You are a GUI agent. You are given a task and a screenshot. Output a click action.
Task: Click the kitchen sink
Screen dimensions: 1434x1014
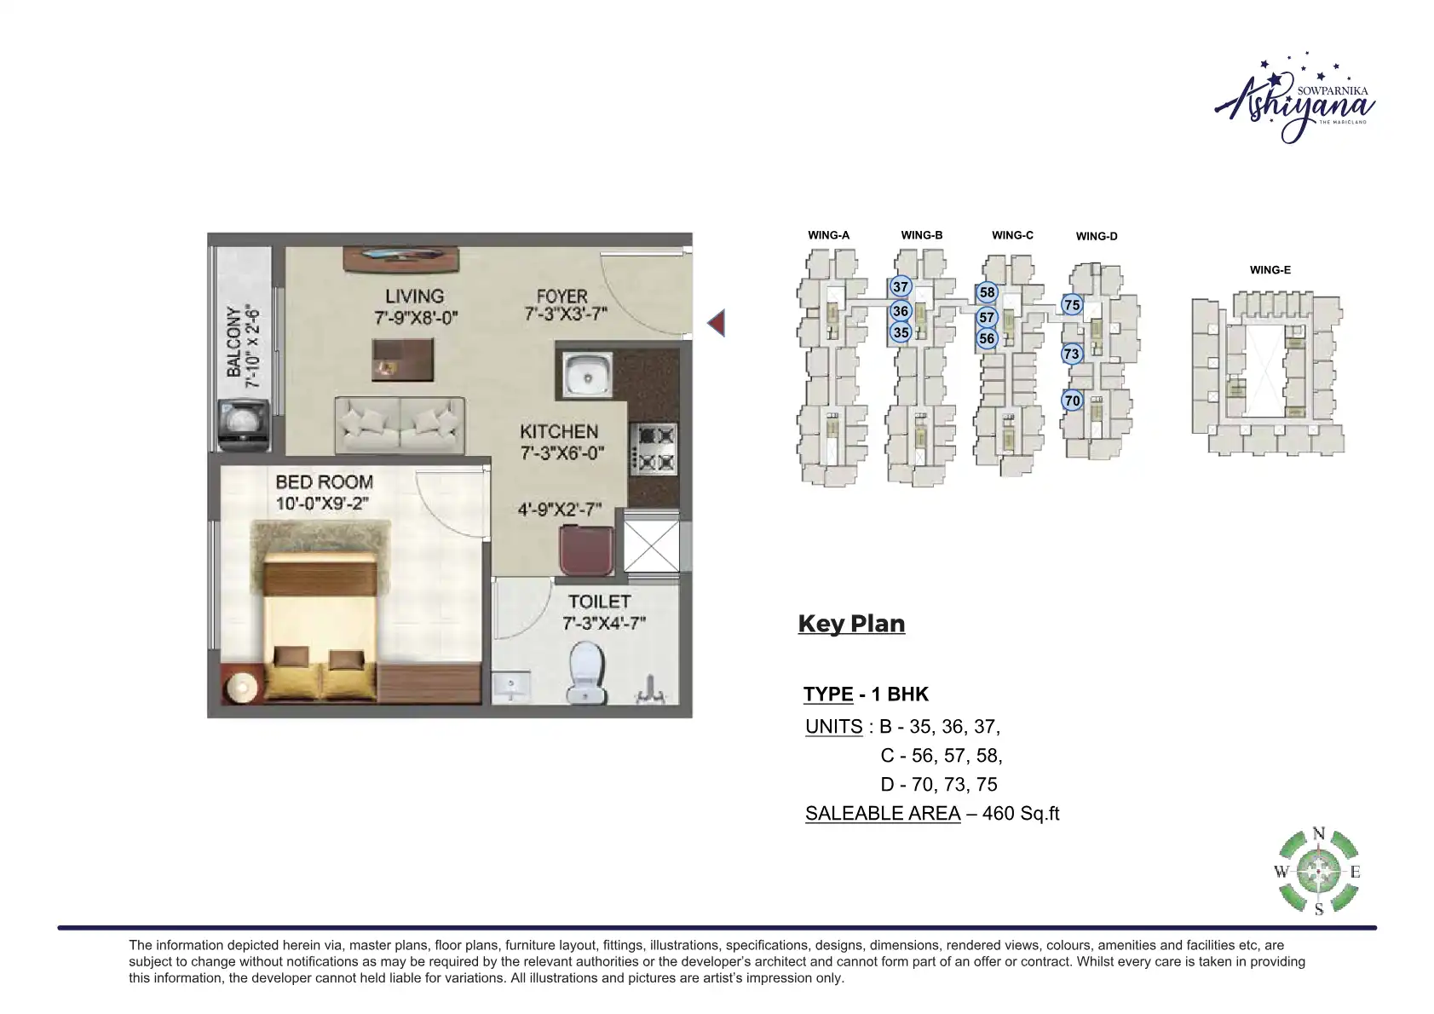[x=587, y=374]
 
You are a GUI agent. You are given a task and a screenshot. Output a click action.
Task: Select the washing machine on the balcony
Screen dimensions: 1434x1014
[x=244, y=424]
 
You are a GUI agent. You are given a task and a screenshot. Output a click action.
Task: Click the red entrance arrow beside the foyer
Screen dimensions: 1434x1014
[x=717, y=323]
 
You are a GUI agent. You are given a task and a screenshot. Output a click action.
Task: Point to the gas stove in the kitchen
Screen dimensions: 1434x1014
[x=654, y=448]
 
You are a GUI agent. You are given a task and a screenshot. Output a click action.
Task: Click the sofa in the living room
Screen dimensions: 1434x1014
[x=400, y=425]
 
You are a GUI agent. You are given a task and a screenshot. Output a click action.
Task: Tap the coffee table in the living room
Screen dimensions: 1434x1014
[x=403, y=360]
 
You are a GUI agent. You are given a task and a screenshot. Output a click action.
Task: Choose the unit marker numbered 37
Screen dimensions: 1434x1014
[x=901, y=287]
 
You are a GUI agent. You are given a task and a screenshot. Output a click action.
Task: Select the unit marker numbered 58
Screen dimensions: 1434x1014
[x=988, y=292]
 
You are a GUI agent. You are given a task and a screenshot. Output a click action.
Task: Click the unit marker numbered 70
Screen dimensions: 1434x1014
[x=1072, y=400]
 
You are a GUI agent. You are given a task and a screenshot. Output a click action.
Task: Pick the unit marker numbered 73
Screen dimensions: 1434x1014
[x=1072, y=354]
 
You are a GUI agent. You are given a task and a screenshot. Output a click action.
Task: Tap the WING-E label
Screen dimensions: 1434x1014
[x=1270, y=270]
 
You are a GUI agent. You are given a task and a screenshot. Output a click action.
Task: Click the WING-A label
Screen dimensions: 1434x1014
[x=828, y=235]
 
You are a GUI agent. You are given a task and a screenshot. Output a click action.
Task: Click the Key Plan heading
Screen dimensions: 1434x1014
[x=851, y=624]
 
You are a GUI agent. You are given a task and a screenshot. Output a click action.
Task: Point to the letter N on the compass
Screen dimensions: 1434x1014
[x=1319, y=833]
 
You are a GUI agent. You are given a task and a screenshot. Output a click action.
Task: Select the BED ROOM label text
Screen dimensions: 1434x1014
[x=324, y=482]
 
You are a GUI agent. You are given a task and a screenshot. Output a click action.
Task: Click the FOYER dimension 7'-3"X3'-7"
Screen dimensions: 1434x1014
[x=565, y=314]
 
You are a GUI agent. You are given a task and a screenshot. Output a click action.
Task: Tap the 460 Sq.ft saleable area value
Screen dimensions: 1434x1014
[x=1021, y=814]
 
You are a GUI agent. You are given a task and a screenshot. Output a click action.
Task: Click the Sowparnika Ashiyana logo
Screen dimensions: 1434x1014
[x=1294, y=99]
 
